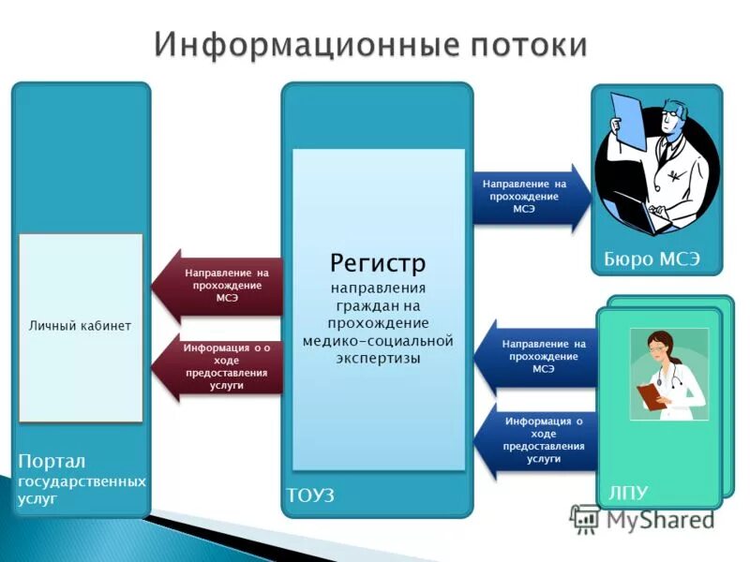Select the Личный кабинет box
[81, 327]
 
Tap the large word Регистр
[378, 261]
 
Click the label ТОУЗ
[310, 494]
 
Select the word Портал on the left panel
[52, 462]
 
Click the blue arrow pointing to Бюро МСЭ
[530, 197]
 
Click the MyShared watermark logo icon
[585, 520]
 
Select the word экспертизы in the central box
[378, 358]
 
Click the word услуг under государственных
[37, 499]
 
